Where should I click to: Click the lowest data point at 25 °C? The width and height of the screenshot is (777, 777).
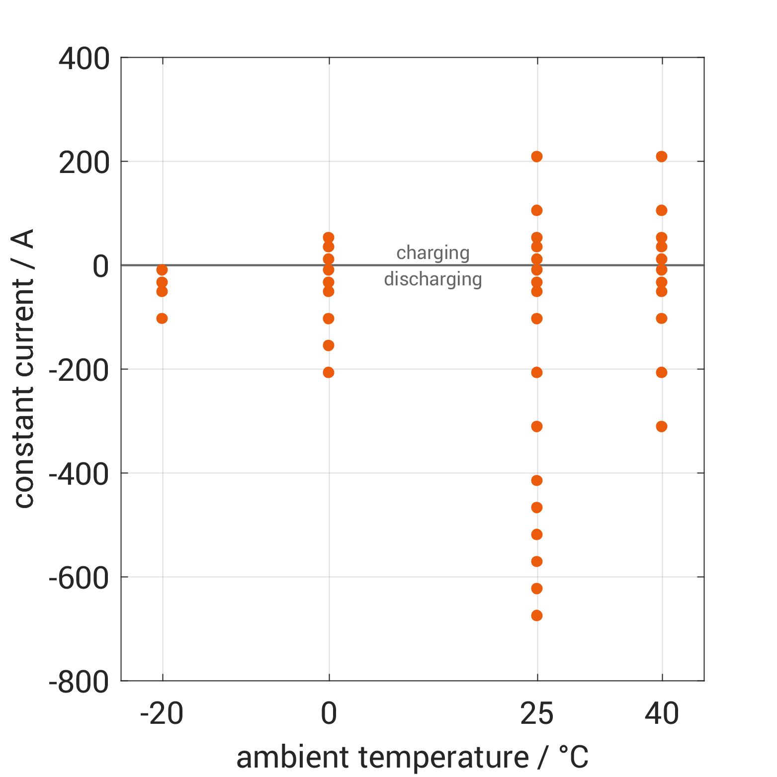click(x=536, y=615)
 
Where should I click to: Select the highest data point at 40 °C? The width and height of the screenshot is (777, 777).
click(x=661, y=157)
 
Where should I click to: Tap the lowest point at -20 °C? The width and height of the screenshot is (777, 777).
click(x=162, y=318)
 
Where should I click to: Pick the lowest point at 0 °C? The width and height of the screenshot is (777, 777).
click(x=329, y=372)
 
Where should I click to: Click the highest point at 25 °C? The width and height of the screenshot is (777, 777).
click(x=536, y=157)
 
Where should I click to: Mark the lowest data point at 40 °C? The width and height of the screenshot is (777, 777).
click(x=661, y=427)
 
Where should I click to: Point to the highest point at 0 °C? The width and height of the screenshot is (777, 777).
click(x=329, y=238)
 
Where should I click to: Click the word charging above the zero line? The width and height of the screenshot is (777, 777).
click(x=433, y=254)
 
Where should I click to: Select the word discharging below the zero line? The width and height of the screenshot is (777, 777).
click(x=433, y=279)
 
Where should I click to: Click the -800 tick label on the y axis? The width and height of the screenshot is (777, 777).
click(x=79, y=682)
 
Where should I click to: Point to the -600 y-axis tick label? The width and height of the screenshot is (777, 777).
click(x=79, y=578)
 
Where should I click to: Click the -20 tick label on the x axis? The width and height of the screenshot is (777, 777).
click(x=162, y=714)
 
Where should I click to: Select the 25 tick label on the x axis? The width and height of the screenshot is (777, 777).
click(x=536, y=714)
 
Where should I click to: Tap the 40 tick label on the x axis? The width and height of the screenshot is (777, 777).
click(x=661, y=714)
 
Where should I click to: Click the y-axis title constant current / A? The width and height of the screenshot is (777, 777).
click(x=23, y=368)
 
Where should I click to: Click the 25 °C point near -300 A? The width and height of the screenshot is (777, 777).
click(x=536, y=427)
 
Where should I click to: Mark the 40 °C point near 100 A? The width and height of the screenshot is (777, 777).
click(x=661, y=210)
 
